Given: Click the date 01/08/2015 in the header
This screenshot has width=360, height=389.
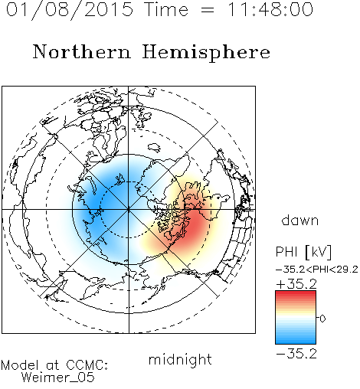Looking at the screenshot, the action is click(x=70, y=10).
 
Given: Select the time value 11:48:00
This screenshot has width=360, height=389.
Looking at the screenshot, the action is click(x=270, y=9).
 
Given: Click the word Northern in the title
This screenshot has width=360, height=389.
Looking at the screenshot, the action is click(x=81, y=52).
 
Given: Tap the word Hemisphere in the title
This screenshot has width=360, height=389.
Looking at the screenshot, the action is click(x=206, y=53).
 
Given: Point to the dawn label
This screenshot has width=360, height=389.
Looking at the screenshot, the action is click(x=300, y=220).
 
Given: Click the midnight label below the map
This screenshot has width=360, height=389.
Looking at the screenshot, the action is click(x=180, y=359).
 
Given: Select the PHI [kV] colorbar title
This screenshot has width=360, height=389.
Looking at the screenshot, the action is click(x=303, y=252).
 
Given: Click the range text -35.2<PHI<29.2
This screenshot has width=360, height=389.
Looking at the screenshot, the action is click(x=317, y=270).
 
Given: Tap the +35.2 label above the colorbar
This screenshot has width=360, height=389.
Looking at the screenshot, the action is click(x=296, y=284).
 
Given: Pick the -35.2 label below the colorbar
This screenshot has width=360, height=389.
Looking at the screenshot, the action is click(x=296, y=354).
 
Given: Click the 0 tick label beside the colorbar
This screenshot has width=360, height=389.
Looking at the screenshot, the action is click(x=322, y=319).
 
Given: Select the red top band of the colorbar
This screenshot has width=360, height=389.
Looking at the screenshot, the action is click(x=296, y=294).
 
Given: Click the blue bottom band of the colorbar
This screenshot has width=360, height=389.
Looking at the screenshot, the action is click(x=296, y=341).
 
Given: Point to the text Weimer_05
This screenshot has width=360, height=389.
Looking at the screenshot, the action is click(x=58, y=378).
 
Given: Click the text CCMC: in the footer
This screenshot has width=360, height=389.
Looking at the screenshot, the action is click(x=87, y=365).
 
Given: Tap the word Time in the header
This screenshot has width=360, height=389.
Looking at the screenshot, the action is click(x=166, y=10).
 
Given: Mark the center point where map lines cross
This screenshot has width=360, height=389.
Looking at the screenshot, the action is click(x=129, y=209).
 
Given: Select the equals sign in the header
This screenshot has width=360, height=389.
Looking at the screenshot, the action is click(x=208, y=10).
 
